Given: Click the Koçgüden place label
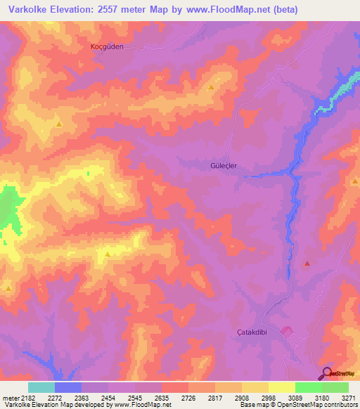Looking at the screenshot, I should point(107,46).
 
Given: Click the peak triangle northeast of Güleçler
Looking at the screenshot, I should point(211,87).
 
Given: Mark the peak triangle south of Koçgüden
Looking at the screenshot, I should point(58,124).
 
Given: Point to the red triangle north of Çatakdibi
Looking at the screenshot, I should point(307,264).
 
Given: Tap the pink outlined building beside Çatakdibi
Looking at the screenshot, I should point(286,330).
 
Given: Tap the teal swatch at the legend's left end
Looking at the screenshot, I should point(41,387).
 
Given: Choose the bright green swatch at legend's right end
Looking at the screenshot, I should point(335,387).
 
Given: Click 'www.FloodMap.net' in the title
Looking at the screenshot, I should point(232,10).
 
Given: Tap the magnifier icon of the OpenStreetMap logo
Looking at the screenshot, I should point(327,372).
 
